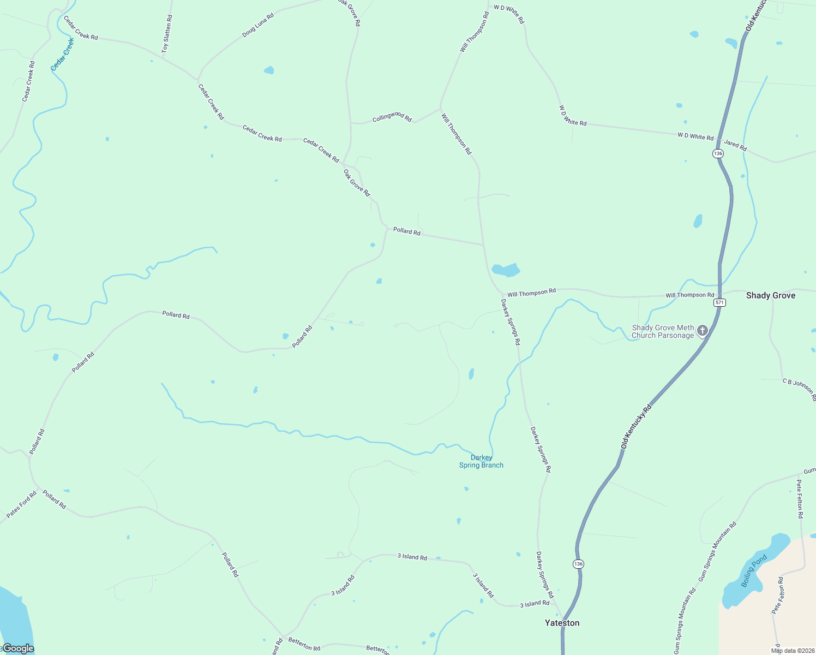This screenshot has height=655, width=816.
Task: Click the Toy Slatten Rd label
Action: pyautogui.click(x=167, y=34)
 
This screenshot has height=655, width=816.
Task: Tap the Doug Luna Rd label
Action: pyautogui.click(x=258, y=25)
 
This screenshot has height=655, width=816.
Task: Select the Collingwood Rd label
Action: pyautogui.click(x=392, y=117)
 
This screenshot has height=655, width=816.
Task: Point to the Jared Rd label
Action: pyautogui.click(x=735, y=145)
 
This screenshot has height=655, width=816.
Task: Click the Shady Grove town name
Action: pyautogui.click(x=770, y=295)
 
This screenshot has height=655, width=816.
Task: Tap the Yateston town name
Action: pyautogui.click(x=562, y=623)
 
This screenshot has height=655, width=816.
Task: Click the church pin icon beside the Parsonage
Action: pyautogui.click(x=703, y=330)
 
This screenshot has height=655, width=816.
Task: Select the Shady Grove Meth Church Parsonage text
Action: pyautogui.click(x=663, y=332)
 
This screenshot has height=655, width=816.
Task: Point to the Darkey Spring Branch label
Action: pyautogui.click(x=481, y=461)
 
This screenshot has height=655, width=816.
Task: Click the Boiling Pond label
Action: pyautogui.click(x=754, y=570)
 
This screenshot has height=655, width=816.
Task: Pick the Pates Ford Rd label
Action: pyautogui.click(x=22, y=504)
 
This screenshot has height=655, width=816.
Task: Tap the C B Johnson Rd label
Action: pyautogui.click(x=799, y=389)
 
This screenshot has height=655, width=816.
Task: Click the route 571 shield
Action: pyautogui.click(x=720, y=302)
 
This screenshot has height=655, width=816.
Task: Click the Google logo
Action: pyautogui.click(x=18, y=648)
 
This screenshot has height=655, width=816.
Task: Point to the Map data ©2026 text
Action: pyautogui.click(x=793, y=651)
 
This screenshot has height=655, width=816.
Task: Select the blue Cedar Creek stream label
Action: pyautogui.click(x=62, y=54)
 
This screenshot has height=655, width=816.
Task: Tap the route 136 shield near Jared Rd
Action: pyautogui.click(x=718, y=153)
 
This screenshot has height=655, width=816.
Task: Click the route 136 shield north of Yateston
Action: pyautogui.click(x=578, y=564)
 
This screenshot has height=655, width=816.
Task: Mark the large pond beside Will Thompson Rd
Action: pyautogui.click(x=506, y=270)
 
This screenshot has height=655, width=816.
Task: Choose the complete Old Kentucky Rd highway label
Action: pyautogui.click(x=636, y=427)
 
